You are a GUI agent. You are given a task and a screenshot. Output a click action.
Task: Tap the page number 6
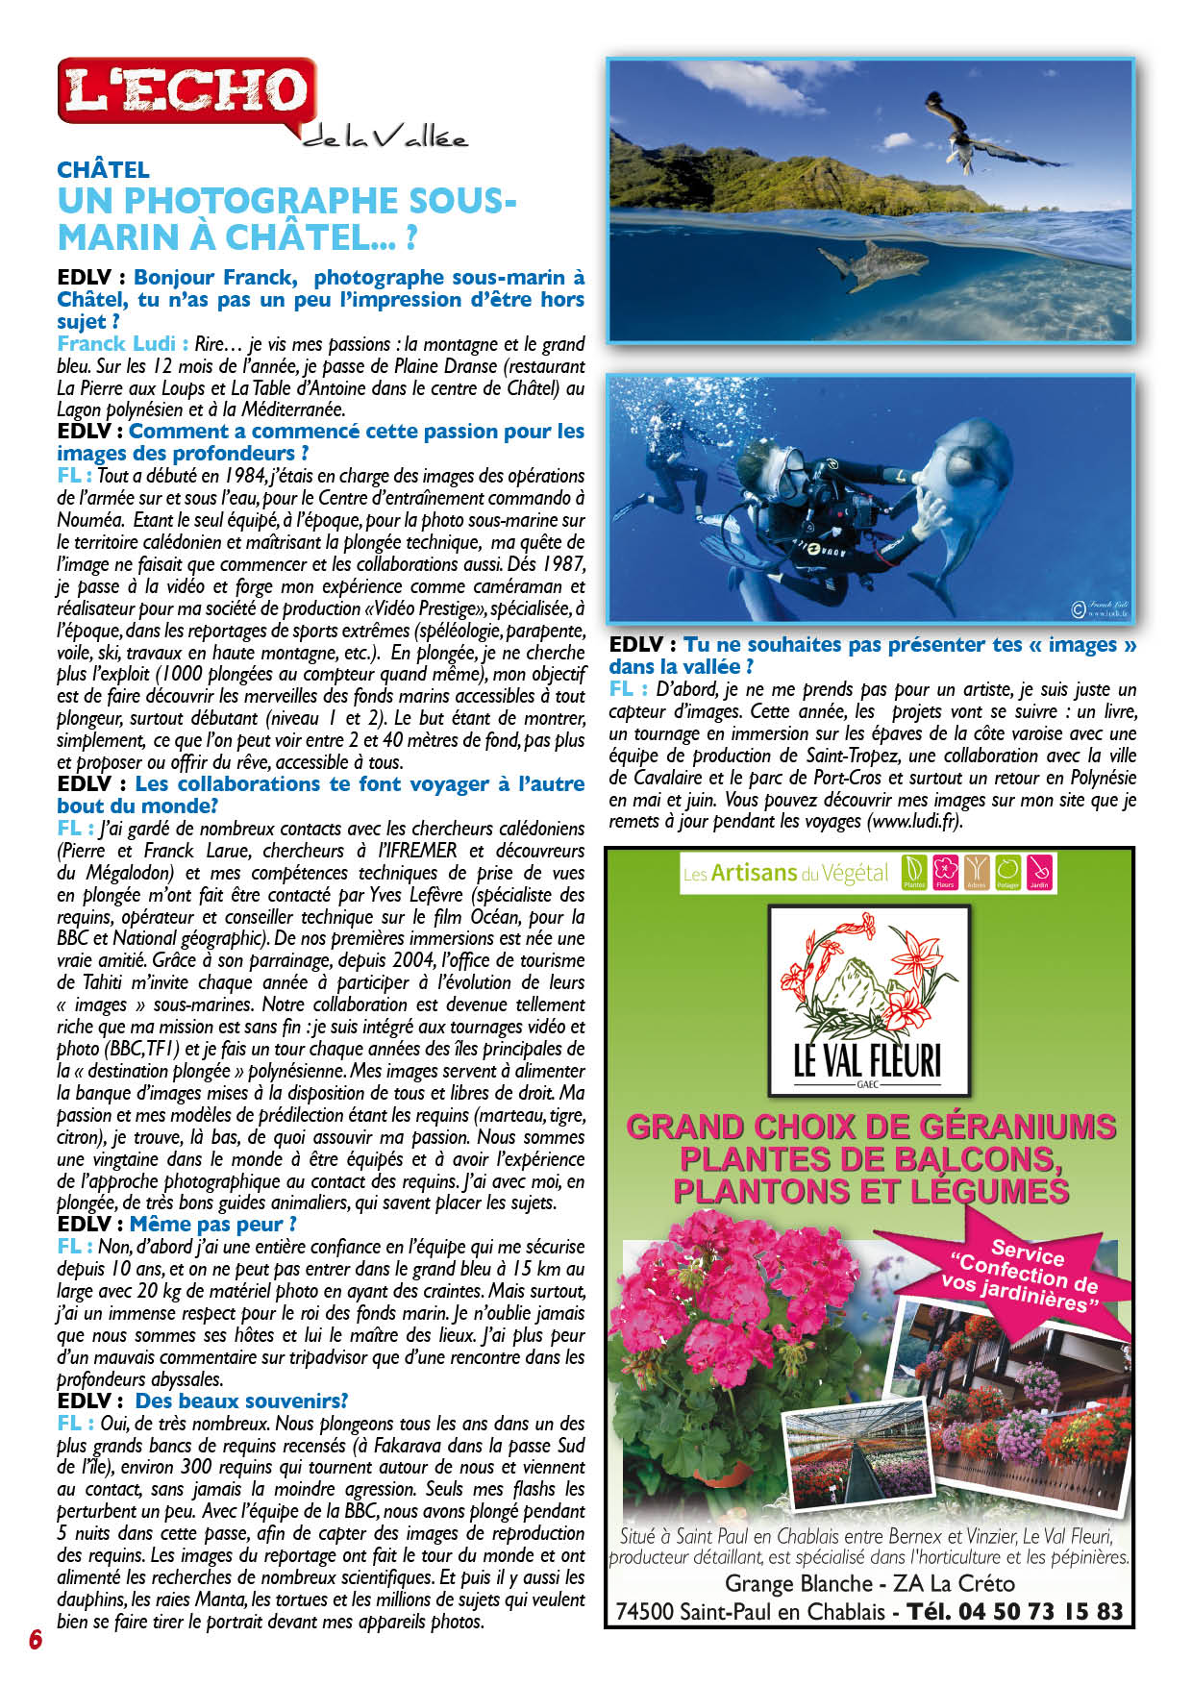tap(36, 1639)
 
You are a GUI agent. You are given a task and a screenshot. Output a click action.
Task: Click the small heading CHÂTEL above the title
tap(103, 170)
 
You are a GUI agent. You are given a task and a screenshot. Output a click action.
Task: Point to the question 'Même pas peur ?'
tap(212, 1225)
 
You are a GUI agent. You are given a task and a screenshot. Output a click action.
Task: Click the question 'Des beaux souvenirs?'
tap(241, 1401)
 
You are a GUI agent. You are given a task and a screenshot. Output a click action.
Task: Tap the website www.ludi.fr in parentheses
tap(914, 822)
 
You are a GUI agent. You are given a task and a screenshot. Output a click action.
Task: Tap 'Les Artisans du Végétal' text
tap(785, 873)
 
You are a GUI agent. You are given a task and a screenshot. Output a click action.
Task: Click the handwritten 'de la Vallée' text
tap(385, 139)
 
